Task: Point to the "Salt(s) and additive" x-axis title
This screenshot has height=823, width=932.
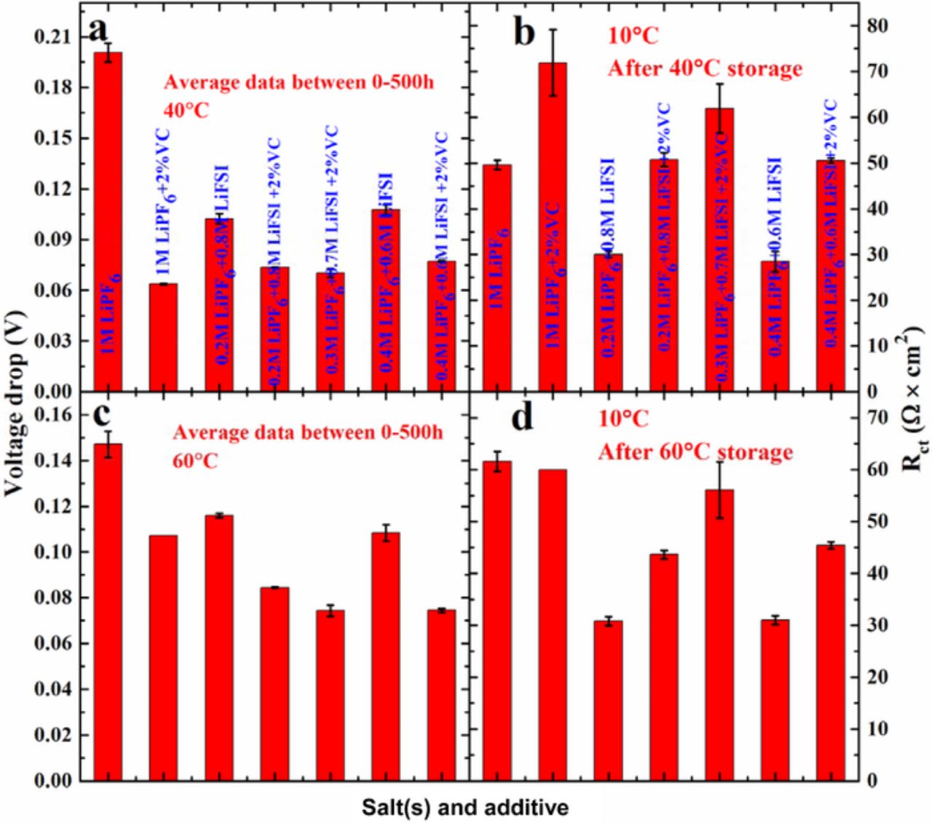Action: coord(466,807)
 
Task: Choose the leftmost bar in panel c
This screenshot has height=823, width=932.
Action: coord(108,612)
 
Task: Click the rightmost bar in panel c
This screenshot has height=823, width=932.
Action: coord(441,695)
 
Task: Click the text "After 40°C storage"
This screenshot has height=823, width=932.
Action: coord(705,68)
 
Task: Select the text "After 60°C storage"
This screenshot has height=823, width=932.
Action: coord(695,452)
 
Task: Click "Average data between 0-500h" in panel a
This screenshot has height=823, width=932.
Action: coord(299,82)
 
